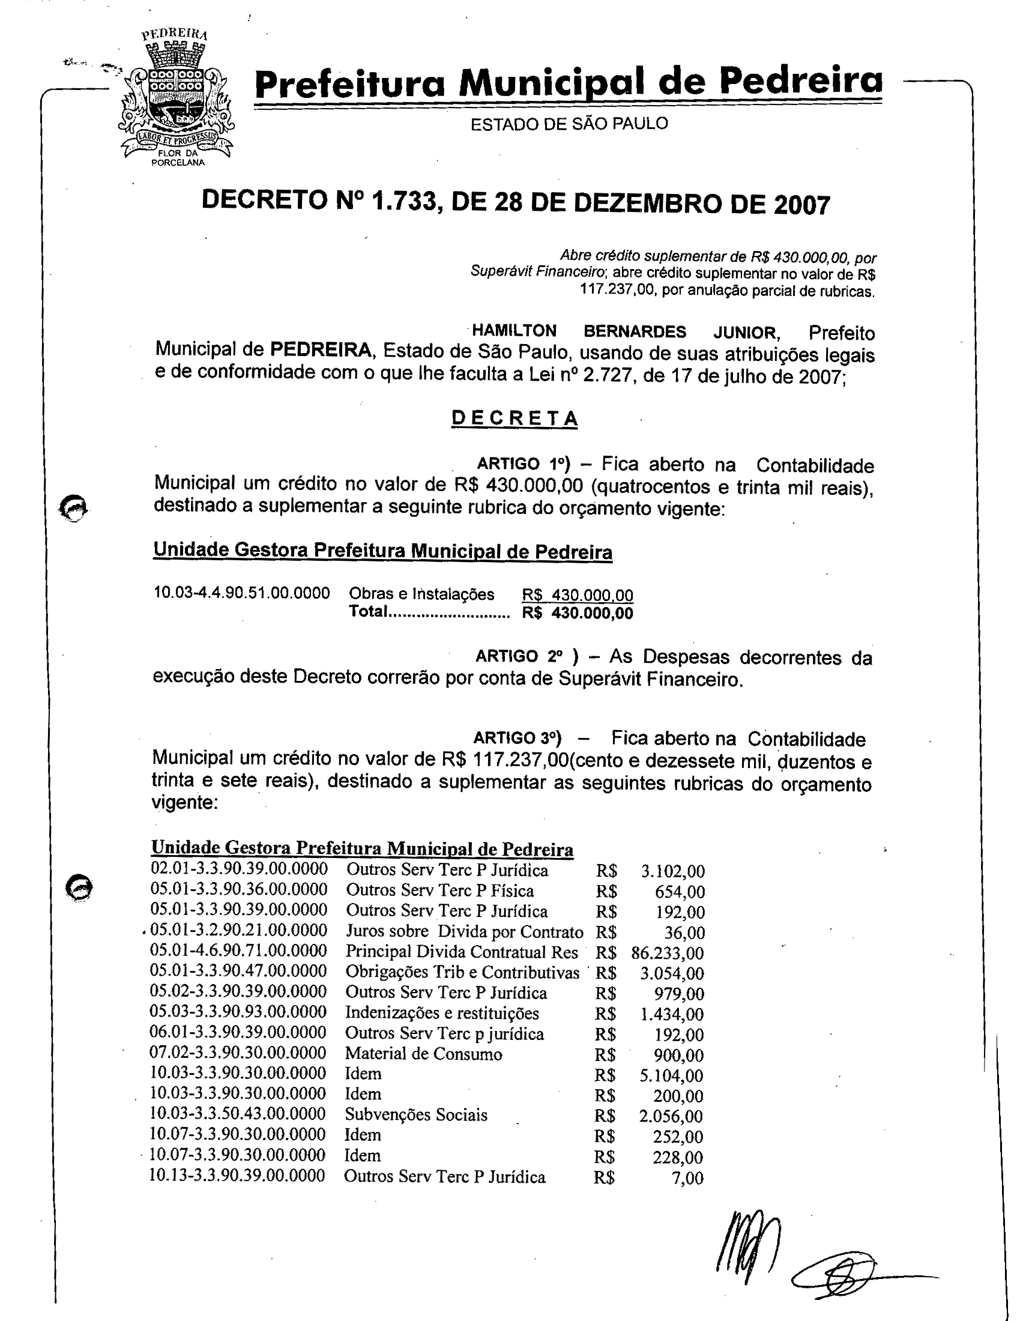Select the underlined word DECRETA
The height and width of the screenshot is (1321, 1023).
coord(515,419)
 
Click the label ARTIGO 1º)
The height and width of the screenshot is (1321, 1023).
coord(524,464)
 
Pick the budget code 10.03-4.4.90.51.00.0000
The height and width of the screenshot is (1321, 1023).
coord(242,593)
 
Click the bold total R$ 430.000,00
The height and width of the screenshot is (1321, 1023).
coord(578,613)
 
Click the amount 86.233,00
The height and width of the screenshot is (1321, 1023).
coord(668,954)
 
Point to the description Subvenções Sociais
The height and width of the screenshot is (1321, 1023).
coord(416,1115)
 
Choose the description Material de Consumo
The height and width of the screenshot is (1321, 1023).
coord(423,1054)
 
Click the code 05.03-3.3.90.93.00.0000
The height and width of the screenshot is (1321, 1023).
coord(238,1012)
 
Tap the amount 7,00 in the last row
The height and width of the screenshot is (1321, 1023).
coord(687,1178)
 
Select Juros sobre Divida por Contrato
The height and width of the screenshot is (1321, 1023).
coord(464,932)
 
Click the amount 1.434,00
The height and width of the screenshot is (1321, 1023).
coord(672,1014)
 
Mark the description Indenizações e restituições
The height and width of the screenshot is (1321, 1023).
coord(442,1013)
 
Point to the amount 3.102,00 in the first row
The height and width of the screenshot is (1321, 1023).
coord(672,872)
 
